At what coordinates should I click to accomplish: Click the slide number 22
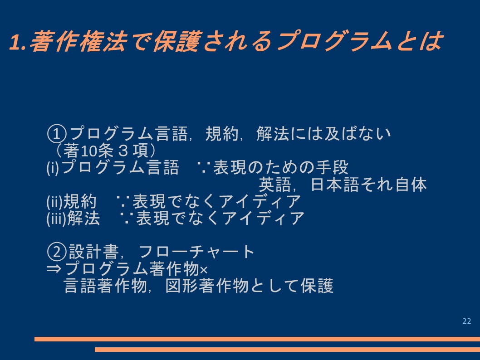(x=466, y=321)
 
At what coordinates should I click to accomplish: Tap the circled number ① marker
(x=57, y=134)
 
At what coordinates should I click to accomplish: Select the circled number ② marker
(x=57, y=252)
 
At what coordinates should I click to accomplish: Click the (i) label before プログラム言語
(x=53, y=168)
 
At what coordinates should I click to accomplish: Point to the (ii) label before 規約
(x=54, y=202)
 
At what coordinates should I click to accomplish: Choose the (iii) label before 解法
(x=57, y=219)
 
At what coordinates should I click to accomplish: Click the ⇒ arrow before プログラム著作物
(x=54, y=269)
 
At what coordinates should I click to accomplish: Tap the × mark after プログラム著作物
(x=204, y=270)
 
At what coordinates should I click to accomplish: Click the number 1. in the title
(x=18, y=42)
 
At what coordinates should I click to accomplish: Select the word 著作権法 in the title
(x=78, y=41)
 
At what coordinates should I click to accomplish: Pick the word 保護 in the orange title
(x=177, y=41)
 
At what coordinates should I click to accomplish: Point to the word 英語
(x=275, y=185)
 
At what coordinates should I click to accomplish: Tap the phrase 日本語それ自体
(x=368, y=185)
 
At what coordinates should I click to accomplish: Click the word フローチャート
(x=196, y=252)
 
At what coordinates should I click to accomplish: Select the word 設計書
(x=93, y=252)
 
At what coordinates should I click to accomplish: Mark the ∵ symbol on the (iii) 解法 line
(x=127, y=219)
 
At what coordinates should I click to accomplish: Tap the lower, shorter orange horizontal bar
(x=288, y=349)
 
